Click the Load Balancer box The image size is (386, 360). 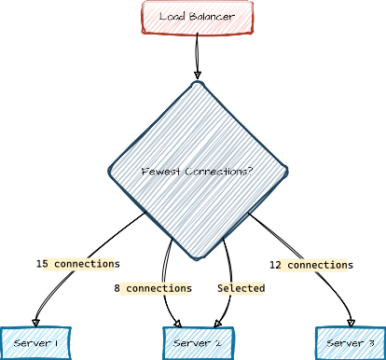click(x=198, y=18)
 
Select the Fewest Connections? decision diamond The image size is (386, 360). click(x=197, y=172)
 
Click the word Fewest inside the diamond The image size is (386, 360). click(x=160, y=173)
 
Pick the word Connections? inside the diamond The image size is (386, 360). click(x=218, y=173)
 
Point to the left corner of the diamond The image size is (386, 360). click(x=109, y=173)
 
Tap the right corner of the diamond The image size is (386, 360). click(x=284, y=173)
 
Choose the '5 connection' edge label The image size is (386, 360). click(x=78, y=264)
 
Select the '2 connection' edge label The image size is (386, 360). click(x=311, y=265)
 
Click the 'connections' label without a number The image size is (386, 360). click(x=156, y=289)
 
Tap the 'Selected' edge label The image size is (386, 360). click(x=241, y=289)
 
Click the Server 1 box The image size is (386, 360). click(x=34, y=343)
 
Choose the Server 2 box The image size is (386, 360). click(x=197, y=343)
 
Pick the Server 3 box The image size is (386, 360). click(x=351, y=343)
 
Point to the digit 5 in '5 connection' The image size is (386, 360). click(x=46, y=264)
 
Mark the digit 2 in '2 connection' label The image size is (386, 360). click(x=280, y=265)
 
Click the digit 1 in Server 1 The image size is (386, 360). click(x=57, y=344)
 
